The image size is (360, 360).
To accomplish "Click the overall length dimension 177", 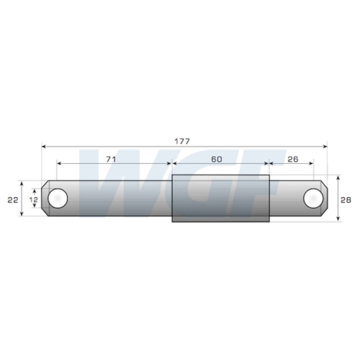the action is click(x=182, y=141).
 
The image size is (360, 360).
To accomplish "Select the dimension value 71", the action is click(x=111, y=159).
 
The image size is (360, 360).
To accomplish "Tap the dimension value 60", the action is click(x=217, y=159).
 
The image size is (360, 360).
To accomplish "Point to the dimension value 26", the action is click(x=293, y=159).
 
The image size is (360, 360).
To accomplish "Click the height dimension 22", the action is click(x=13, y=200).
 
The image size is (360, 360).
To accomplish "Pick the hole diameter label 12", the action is click(x=33, y=200).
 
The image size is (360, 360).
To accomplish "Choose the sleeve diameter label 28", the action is click(x=346, y=200).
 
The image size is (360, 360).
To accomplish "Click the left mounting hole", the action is click(x=58, y=198).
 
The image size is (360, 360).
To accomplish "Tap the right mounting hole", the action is click(x=313, y=198).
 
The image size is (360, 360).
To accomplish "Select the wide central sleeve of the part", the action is click(x=221, y=198).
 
